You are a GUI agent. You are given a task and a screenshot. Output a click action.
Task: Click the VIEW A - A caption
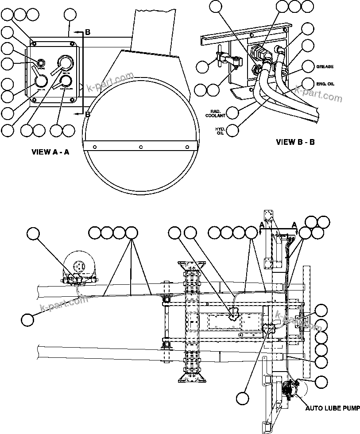pos(50,152)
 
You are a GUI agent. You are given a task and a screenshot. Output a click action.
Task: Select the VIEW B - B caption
pos(295,142)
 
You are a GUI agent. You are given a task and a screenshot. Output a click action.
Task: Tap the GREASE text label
pos(325,67)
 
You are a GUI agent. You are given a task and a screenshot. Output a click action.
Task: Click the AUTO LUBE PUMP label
pos(333,408)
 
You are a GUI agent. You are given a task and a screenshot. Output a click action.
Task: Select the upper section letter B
pos(88,32)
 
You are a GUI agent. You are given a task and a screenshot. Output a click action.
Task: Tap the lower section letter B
pos(88,114)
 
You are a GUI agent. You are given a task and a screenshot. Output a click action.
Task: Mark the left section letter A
pos(262,225)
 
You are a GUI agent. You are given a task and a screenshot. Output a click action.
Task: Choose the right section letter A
pos(294,225)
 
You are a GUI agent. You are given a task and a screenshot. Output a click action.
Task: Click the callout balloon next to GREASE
pos(308,66)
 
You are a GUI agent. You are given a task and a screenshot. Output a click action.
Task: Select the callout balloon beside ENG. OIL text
pos(308,83)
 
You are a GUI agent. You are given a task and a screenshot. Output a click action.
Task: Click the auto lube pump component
pos(290,390)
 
